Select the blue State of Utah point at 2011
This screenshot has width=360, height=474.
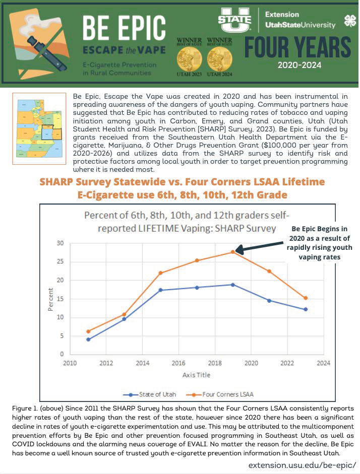[88, 340]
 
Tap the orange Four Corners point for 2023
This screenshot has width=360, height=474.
[306, 298]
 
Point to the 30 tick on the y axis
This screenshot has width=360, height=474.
[59, 243]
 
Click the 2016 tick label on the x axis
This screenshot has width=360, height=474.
[179, 363]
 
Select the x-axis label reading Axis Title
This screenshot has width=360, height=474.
[196, 375]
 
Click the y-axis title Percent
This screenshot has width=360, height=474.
[50, 299]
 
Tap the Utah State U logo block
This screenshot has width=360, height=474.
[235, 20]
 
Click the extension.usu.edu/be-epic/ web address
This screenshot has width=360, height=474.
[302, 465]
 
